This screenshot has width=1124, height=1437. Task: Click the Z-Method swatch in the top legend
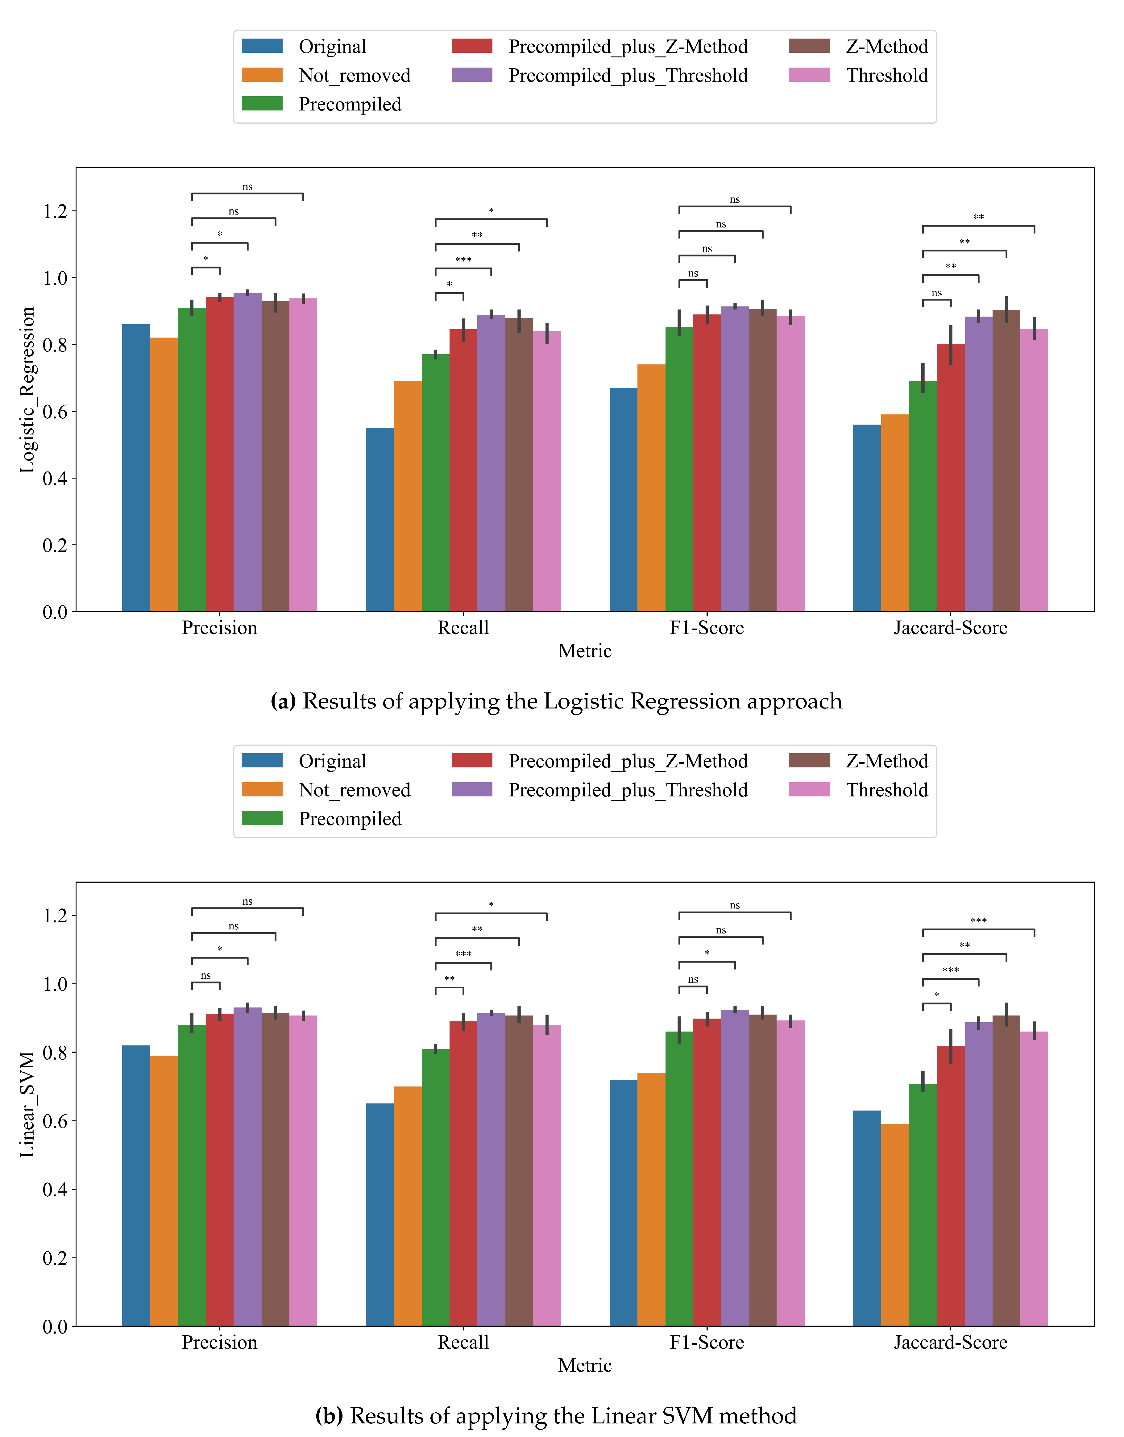809,46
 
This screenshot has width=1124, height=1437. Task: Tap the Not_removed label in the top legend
354,76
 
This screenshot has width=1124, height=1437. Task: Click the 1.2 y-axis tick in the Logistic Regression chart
55,211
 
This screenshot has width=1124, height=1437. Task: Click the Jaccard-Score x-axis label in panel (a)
950,628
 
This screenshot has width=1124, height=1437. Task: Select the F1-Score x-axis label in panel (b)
707,1342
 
